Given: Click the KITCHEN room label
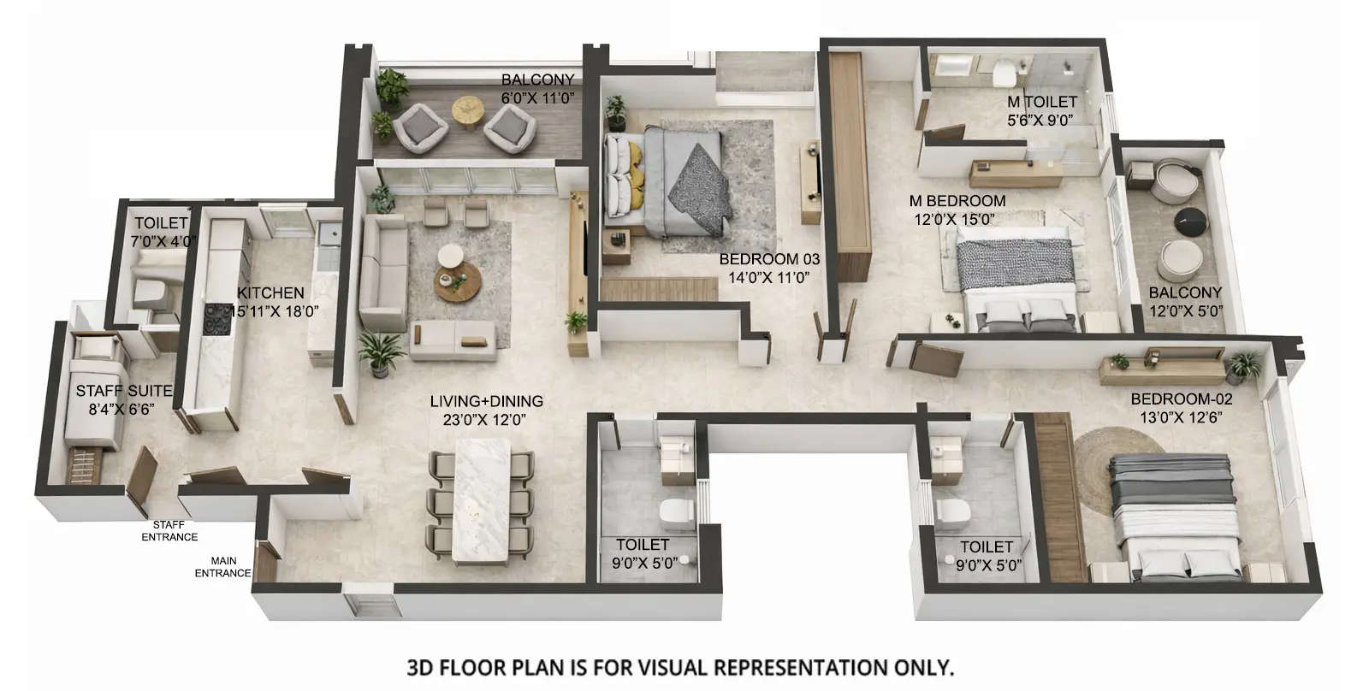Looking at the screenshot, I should click(270, 293).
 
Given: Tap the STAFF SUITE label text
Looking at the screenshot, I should click(123, 391).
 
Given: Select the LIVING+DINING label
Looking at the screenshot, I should click(486, 401).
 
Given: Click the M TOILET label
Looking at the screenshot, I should click(1042, 102).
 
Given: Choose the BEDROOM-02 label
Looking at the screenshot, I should click(1182, 399).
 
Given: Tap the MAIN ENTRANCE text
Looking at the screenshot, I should click(222, 568).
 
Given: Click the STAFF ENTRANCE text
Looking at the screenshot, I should click(169, 531).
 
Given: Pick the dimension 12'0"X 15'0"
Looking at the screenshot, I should click(954, 219).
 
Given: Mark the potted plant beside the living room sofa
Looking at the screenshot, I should click(380, 351).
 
